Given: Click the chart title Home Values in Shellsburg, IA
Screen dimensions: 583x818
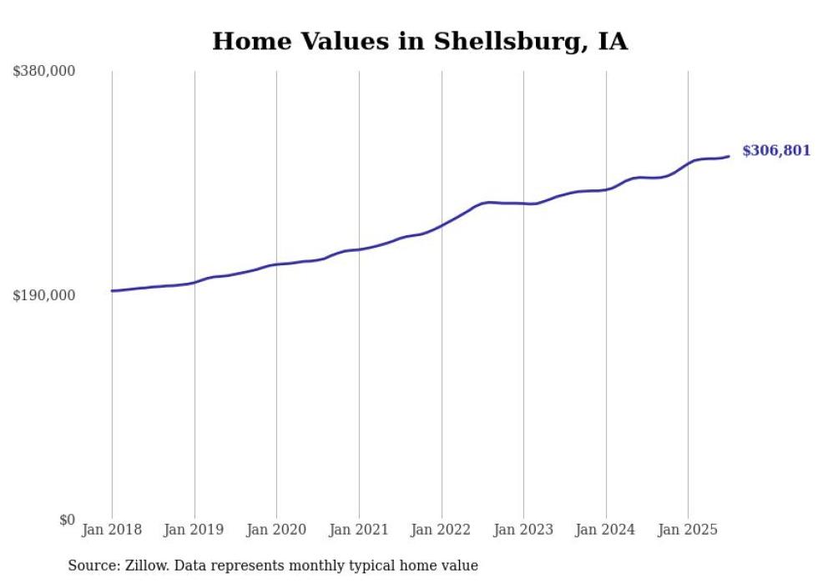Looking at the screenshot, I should tap(419, 41).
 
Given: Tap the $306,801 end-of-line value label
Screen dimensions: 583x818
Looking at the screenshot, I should tap(775, 151).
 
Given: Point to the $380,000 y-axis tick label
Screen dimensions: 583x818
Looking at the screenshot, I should tap(44, 72).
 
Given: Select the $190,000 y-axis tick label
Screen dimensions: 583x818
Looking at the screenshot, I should tap(44, 295).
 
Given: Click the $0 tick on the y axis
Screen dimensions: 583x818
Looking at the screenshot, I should tap(68, 520).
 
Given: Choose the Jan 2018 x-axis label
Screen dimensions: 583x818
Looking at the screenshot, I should tap(112, 530).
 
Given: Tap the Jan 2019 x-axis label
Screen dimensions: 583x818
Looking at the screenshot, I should tap(194, 530).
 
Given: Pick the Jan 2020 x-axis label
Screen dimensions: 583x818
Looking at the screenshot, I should tap(276, 530).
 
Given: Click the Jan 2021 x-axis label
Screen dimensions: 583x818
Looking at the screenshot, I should tap(359, 530).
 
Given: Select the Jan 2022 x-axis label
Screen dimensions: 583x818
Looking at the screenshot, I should tap(442, 530).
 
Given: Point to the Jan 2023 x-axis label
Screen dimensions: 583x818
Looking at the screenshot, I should tap(523, 530).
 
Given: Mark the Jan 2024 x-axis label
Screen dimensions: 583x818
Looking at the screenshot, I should tap(606, 530).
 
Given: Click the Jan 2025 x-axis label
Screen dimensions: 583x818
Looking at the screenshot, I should tap(688, 530).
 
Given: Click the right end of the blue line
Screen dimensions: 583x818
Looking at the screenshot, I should tap(729, 156).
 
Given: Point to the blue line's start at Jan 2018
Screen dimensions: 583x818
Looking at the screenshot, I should tap(113, 291).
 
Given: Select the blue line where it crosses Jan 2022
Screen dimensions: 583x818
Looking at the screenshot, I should tap(442, 224).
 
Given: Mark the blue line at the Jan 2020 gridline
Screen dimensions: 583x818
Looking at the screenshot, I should tap(276, 264).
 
